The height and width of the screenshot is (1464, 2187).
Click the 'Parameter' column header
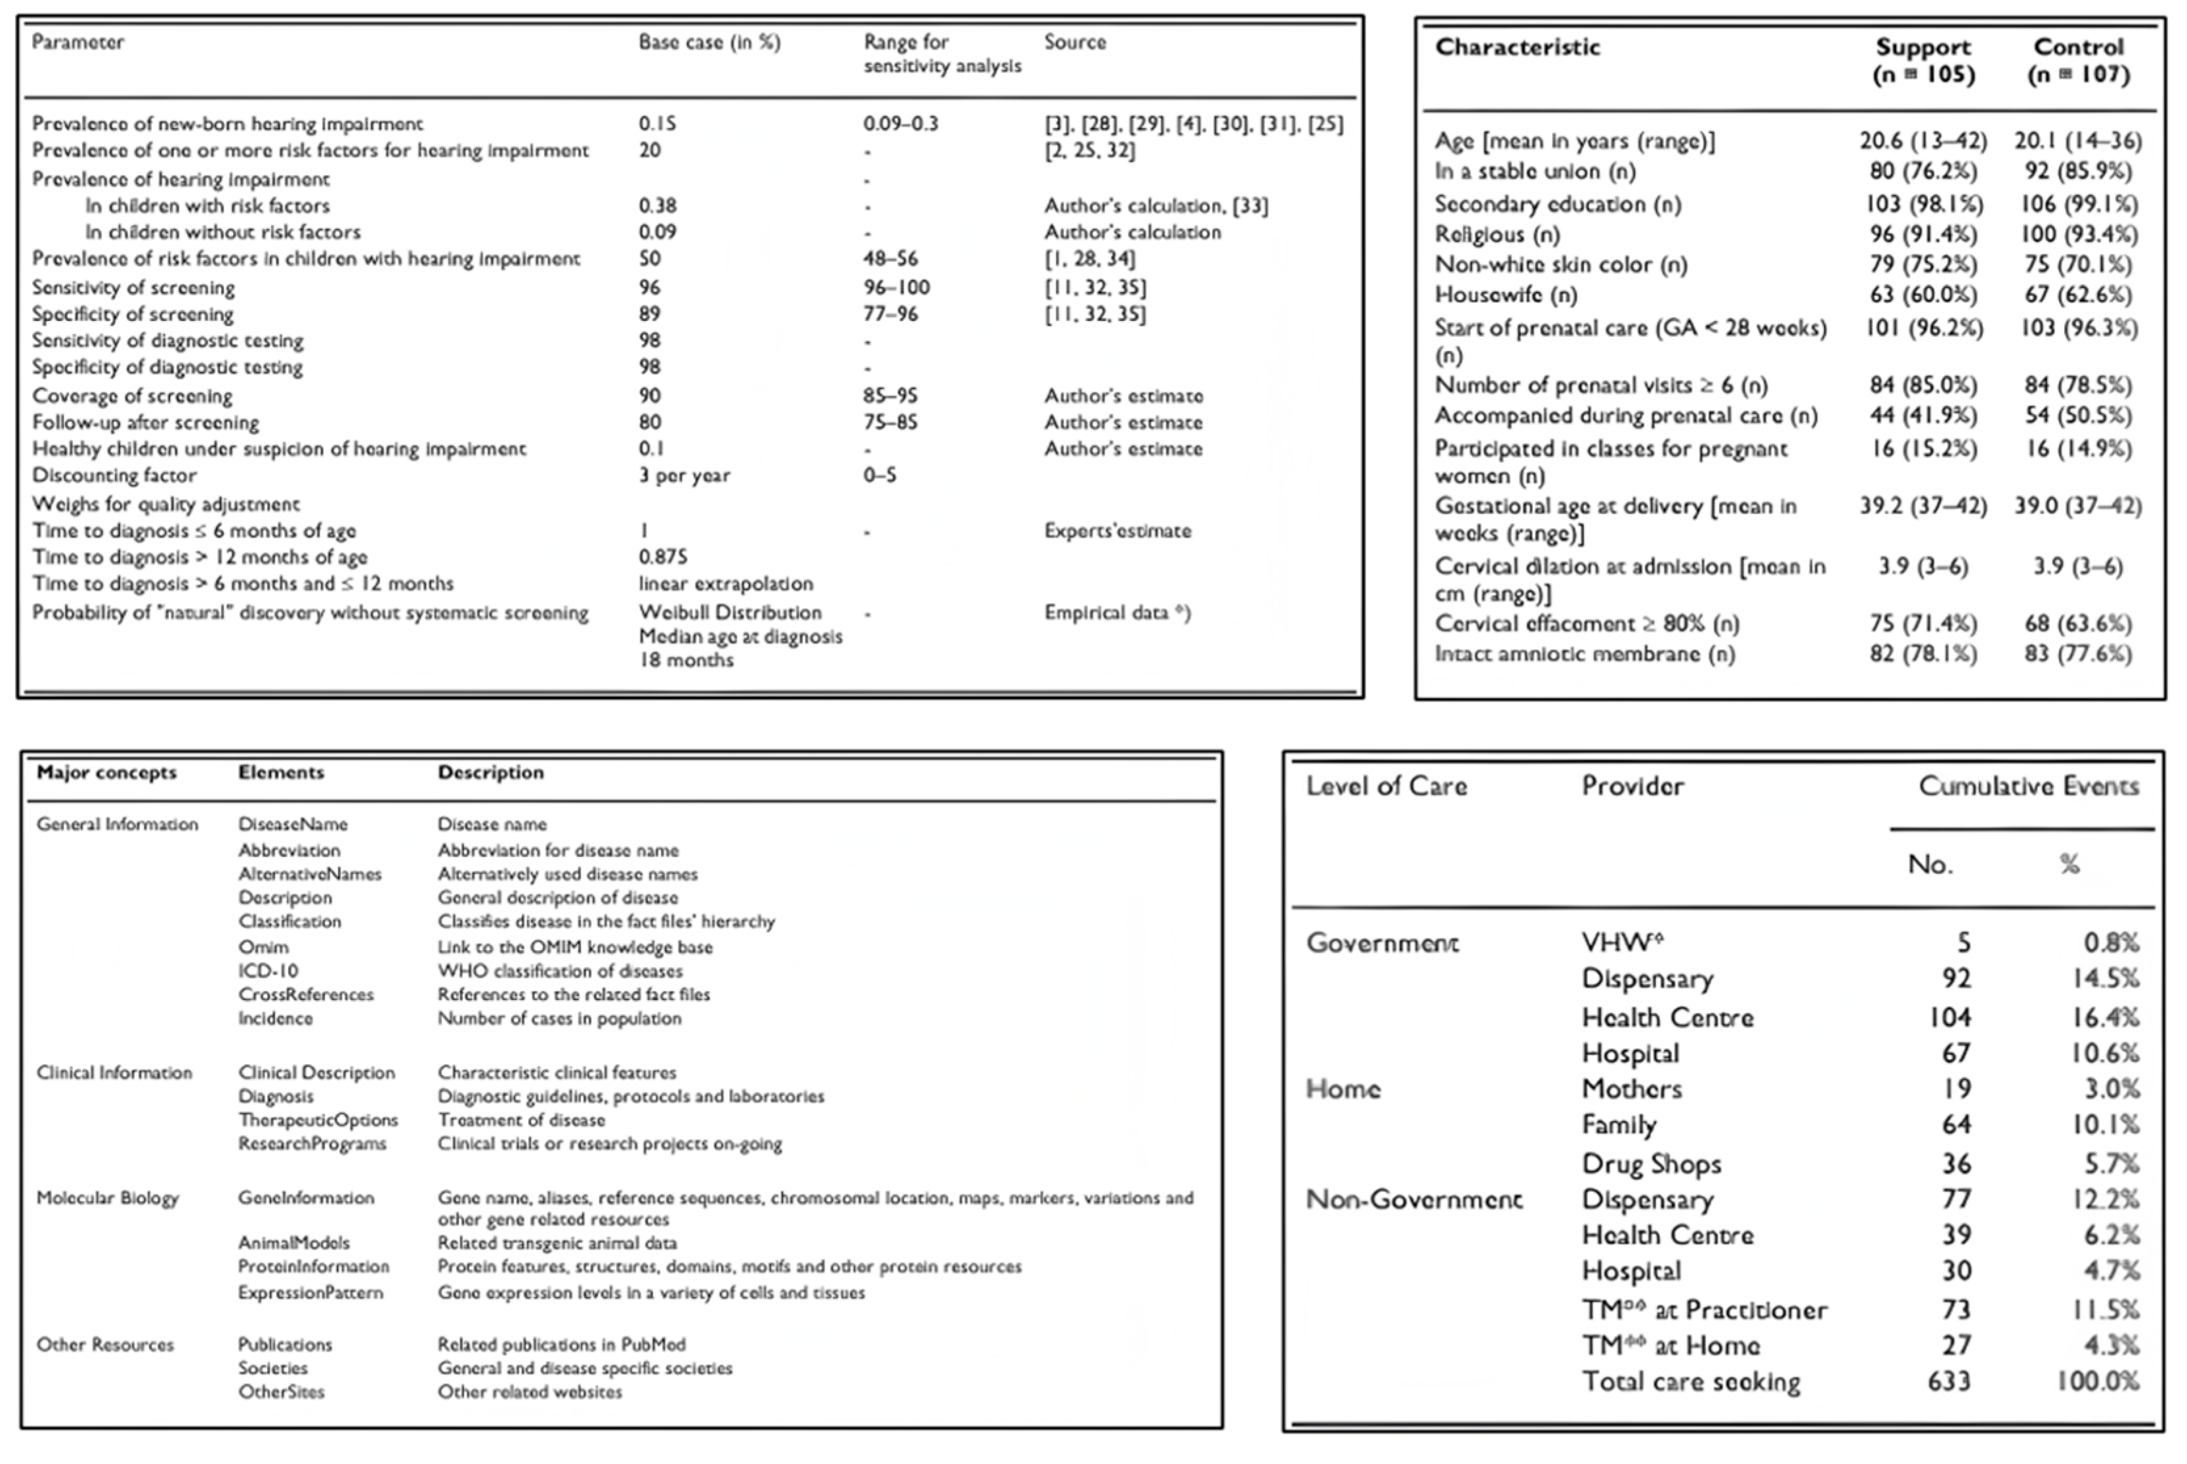pyautogui.click(x=77, y=42)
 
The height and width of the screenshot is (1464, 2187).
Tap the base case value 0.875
pyautogui.click(x=663, y=557)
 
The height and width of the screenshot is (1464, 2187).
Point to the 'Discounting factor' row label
pyautogui.click(x=114, y=475)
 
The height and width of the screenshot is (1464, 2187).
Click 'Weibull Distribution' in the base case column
pyautogui.click(x=730, y=612)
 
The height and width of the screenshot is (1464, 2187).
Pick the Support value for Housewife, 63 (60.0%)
pyautogui.click(x=1923, y=295)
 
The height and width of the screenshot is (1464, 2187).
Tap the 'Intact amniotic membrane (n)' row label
pyautogui.click(x=1584, y=654)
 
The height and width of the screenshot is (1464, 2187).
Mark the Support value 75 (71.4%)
pyautogui.click(x=1923, y=623)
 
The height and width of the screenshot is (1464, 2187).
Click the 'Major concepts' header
pyautogui.click(x=106, y=773)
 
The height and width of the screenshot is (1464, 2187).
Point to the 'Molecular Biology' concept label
pyautogui.click(x=108, y=1198)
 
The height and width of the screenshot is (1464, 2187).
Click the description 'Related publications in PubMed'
pyautogui.click(x=561, y=1345)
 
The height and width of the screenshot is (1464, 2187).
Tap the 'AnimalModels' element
pyautogui.click(x=293, y=1243)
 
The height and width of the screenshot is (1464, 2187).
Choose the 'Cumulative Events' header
pyautogui.click(x=2028, y=786)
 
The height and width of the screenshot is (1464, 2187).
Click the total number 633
pyautogui.click(x=1948, y=1381)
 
